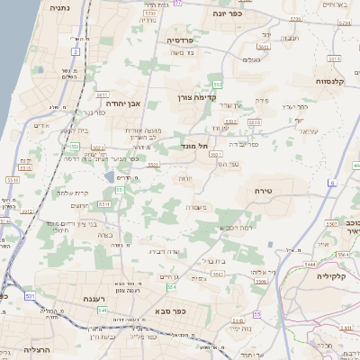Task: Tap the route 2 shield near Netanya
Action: [x=76, y=51]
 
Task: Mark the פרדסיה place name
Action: [x=183, y=40]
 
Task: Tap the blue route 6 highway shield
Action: [x=331, y=183]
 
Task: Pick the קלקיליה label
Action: [x=332, y=277]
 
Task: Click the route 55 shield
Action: [x=257, y=313]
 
